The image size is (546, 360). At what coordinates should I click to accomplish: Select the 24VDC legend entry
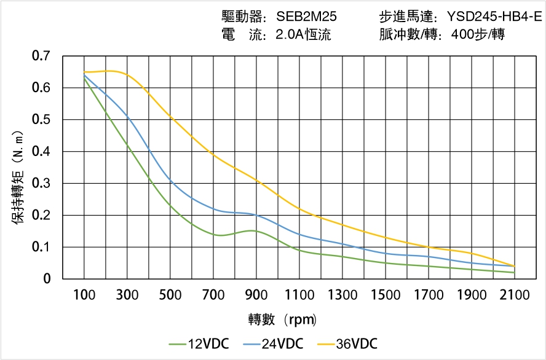[x=273, y=343]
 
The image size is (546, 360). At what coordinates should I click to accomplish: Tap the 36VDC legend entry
[x=347, y=343]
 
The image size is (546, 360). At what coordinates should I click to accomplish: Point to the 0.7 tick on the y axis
[x=41, y=57]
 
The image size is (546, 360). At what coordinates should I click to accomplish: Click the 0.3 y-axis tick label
[x=41, y=184]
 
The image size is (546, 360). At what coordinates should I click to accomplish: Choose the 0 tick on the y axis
[x=47, y=279]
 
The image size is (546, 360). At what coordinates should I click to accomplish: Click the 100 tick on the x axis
[x=84, y=295]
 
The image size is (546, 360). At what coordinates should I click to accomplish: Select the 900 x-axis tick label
[x=256, y=295]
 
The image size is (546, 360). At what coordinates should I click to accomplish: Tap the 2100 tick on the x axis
[x=515, y=295]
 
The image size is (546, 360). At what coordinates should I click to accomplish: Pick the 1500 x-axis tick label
[x=386, y=295]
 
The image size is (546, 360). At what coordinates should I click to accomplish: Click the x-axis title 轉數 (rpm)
[x=282, y=320]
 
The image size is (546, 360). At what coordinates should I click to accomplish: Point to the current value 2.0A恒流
[x=304, y=34]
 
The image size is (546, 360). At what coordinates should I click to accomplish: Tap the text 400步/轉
[x=478, y=34]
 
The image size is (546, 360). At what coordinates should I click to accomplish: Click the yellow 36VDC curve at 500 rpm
[x=170, y=117]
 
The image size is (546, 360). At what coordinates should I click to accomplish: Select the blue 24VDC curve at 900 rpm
[x=256, y=215]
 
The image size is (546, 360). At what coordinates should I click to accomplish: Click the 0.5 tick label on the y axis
[x=41, y=120]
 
